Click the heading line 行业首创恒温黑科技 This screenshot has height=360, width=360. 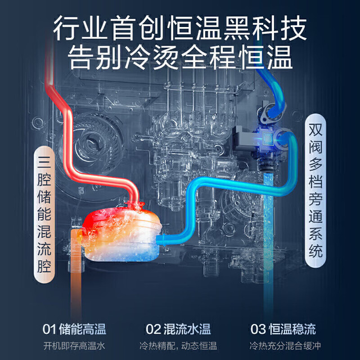[x=180, y=28]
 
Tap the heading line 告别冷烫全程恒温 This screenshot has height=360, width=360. [x=180, y=57]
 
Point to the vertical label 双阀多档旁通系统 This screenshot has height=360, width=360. [x=316, y=191]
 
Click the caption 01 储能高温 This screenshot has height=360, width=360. [x=74, y=329]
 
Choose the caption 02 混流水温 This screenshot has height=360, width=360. [x=178, y=329]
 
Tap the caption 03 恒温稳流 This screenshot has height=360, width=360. [x=283, y=329]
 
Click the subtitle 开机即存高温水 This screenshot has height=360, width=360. [x=74, y=346]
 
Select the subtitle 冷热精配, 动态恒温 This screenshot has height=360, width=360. [x=178, y=346]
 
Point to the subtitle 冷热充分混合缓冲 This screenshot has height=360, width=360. [x=285, y=346]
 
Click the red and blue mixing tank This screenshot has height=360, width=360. [x=121, y=233]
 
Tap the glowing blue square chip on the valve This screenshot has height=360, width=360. [x=267, y=138]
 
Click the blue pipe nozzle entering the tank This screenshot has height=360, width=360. [x=161, y=238]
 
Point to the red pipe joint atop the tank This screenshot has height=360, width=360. [x=135, y=204]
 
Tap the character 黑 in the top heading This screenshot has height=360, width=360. [x=237, y=28]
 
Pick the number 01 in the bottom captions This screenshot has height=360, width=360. [x=49, y=329]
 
